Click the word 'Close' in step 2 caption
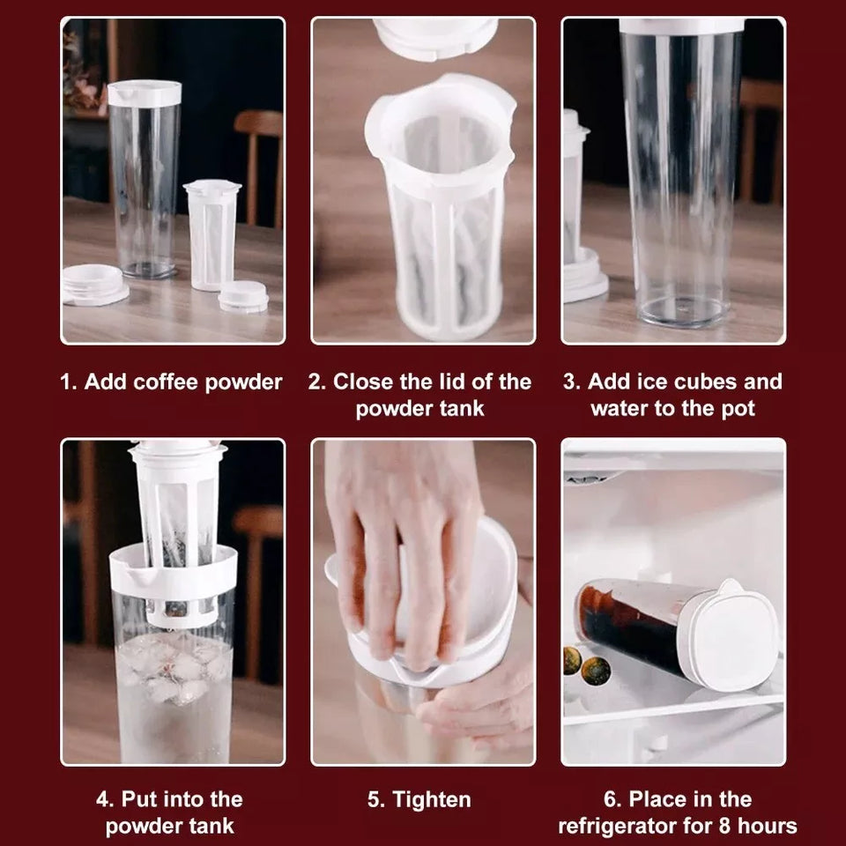[x=362, y=382]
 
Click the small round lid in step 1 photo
[x=243, y=296]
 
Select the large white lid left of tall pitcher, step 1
[x=93, y=283]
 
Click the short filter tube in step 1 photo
[x=211, y=234]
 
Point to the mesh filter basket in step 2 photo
[x=441, y=211]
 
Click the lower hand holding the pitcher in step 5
[x=480, y=705]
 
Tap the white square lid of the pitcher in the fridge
[x=731, y=633]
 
